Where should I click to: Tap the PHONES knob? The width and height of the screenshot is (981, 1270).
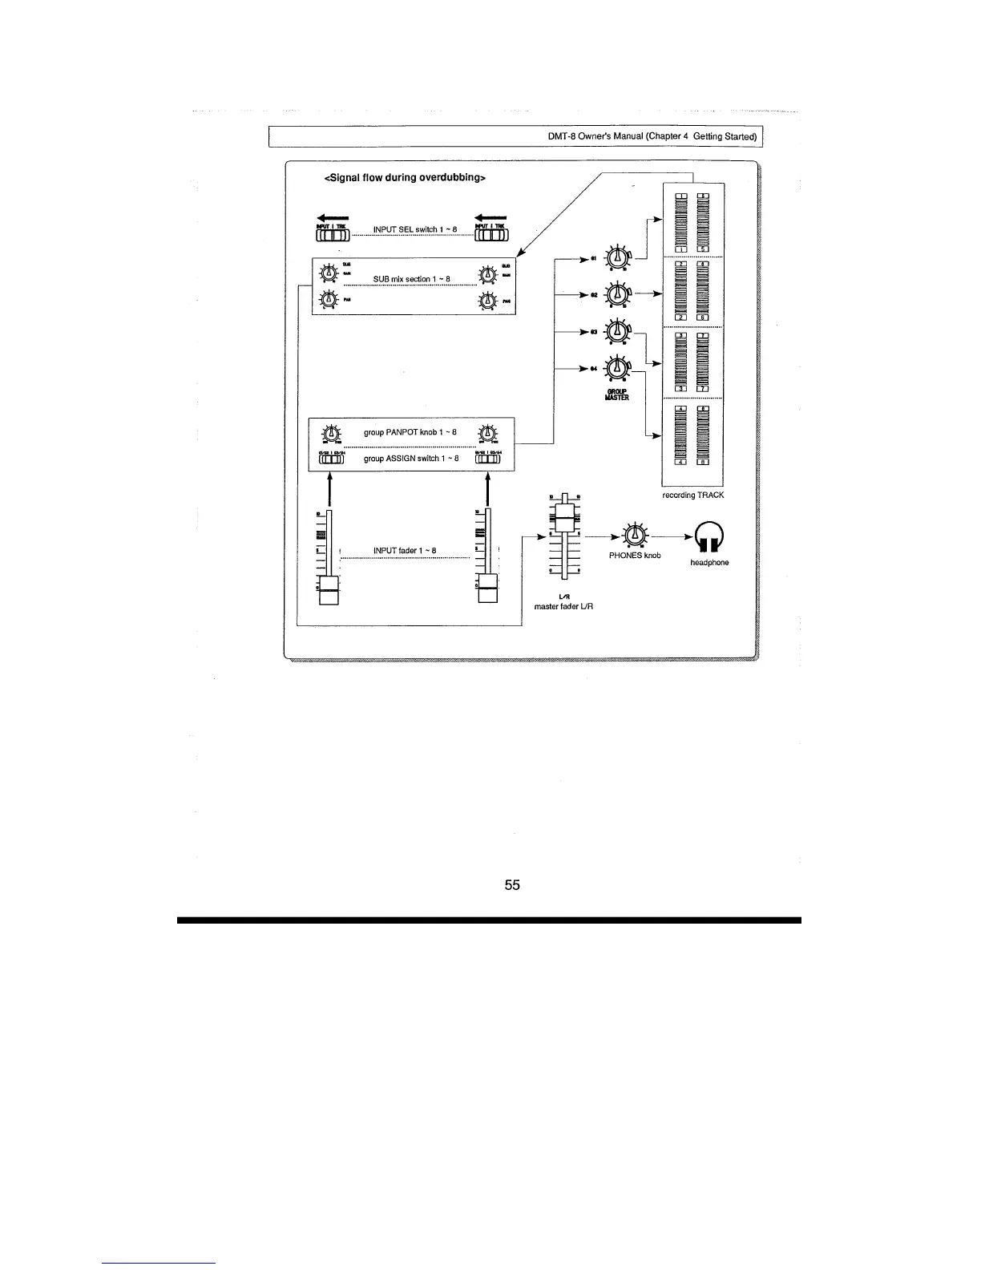[x=635, y=535]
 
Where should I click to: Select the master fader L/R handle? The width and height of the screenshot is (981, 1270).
[x=566, y=513]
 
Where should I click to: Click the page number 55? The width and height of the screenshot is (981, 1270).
[x=512, y=885]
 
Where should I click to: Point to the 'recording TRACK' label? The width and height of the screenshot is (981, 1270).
[x=693, y=495]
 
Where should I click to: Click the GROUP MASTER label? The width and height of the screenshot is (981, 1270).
[x=617, y=394]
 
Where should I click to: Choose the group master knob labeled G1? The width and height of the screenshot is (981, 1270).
[x=616, y=257]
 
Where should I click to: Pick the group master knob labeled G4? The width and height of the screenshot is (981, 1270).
[x=616, y=368]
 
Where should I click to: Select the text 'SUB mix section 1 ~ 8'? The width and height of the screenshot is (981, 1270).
[x=411, y=279]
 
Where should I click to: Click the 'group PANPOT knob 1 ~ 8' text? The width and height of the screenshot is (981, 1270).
[x=410, y=432]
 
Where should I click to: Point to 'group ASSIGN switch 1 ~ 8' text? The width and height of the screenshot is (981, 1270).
[x=411, y=459]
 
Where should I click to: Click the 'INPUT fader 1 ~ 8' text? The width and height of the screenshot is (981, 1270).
[x=405, y=550]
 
